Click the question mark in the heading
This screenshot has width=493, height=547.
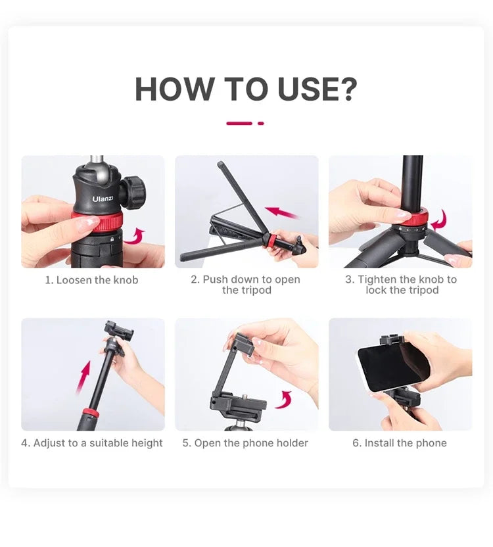click(x=346, y=89)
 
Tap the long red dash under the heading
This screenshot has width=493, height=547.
click(x=239, y=123)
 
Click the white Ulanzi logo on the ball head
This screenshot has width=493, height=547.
click(x=103, y=198)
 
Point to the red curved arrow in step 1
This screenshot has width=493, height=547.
click(x=135, y=235)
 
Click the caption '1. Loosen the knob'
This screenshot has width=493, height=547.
click(x=91, y=280)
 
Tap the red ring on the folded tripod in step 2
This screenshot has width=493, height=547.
click(x=270, y=239)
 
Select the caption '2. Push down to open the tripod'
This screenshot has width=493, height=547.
click(x=246, y=285)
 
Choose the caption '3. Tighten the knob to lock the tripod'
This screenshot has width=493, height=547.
click(x=401, y=285)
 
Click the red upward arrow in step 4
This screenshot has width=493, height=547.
click(x=84, y=377)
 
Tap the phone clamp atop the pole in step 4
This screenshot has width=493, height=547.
click(x=118, y=330)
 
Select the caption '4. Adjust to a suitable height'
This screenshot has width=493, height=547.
click(x=91, y=443)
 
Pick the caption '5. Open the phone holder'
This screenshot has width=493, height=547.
click(x=245, y=443)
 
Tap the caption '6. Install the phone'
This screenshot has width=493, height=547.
click(x=399, y=443)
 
